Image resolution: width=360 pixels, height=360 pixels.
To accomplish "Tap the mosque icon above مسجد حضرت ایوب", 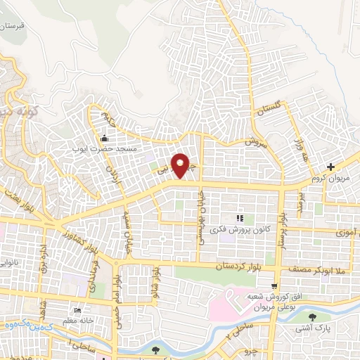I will (104, 138).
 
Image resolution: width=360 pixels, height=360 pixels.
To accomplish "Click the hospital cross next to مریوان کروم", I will (330, 167).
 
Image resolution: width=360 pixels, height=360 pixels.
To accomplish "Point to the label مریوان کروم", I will (333, 179).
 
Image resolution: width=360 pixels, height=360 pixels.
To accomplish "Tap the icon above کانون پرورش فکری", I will (240, 217).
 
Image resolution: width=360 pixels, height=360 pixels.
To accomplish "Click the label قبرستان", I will (12, 25).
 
